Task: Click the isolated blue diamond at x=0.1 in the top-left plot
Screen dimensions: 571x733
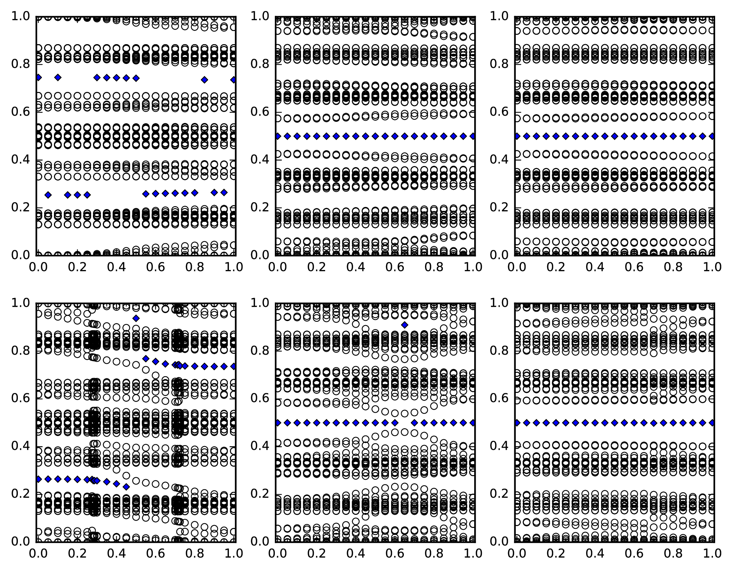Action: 58,77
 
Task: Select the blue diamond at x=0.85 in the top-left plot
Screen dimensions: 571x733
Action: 204,80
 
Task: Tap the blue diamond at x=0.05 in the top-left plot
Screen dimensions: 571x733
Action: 48,195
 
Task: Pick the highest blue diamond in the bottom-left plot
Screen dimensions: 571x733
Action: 136,318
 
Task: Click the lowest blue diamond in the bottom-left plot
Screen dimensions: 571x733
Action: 126,487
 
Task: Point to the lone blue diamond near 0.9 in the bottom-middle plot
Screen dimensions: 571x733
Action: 405,325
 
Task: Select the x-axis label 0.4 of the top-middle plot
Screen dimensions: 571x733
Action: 355,267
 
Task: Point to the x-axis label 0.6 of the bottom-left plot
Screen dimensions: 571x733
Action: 156,553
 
